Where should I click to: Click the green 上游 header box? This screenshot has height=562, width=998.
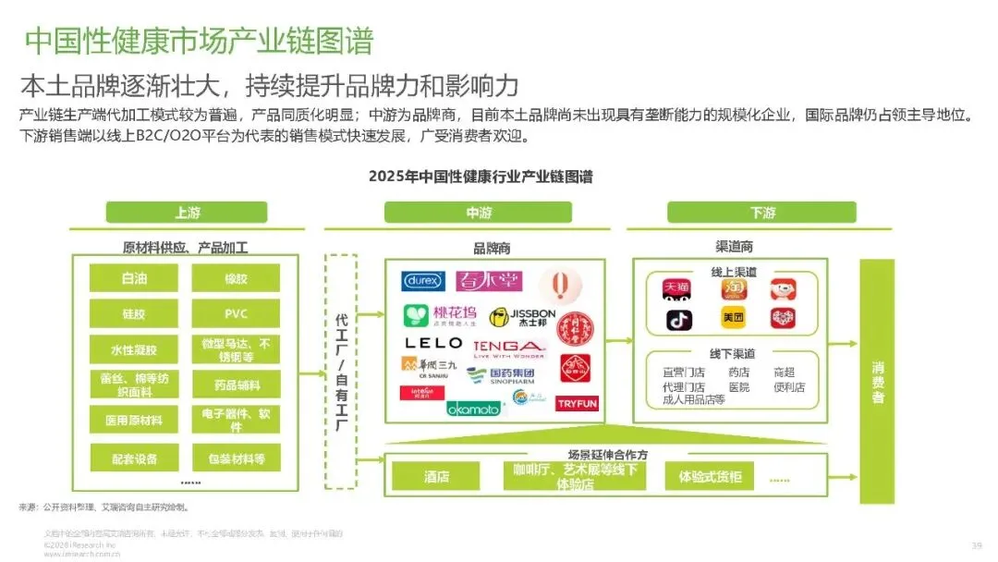[x=187, y=213]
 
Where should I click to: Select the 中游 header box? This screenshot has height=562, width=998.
[x=479, y=213]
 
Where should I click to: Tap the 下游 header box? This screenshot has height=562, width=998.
[x=762, y=213]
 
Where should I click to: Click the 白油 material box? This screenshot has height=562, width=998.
[x=134, y=278]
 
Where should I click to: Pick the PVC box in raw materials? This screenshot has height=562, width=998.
[x=236, y=313]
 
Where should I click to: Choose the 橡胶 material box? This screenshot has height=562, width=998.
[x=236, y=278]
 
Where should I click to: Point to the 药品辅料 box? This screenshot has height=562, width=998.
[x=236, y=385]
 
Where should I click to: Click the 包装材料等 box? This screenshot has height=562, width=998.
[x=236, y=458]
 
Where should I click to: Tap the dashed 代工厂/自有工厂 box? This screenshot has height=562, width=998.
[x=341, y=371]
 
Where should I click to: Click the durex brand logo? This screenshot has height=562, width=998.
[x=423, y=281]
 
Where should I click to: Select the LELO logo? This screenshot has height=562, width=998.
[x=433, y=344]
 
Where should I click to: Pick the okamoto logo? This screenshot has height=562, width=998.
[x=473, y=408]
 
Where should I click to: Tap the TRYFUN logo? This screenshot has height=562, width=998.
[x=578, y=403]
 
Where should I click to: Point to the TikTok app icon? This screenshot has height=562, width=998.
[x=679, y=320]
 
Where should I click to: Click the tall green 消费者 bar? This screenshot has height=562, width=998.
[x=877, y=381]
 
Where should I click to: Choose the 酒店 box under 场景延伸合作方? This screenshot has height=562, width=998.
[x=436, y=477]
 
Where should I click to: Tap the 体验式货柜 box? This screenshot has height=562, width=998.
[x=710, y=477]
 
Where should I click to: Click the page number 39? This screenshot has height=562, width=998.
[x=977, y=544]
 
